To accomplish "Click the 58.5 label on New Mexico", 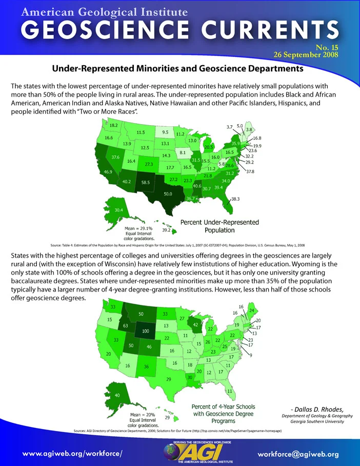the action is click(146, 183).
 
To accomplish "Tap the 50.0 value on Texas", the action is click(168, 194).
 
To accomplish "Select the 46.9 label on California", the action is click(108, 172).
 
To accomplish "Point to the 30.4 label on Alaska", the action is click(119, 210).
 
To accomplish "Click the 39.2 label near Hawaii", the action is click(166, 230).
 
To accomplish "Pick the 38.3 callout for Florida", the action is click(235, 199).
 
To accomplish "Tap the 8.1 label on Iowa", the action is click(183, 153).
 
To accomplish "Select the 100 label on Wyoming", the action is click(146, 331).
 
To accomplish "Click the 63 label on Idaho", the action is click(125, 326).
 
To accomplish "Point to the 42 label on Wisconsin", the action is click(195, 325).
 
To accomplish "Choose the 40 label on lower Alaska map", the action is click(117, 395).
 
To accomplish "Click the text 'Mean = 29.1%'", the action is click(138, 228).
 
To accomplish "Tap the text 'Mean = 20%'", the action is click(143, 415).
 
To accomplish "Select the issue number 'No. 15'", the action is click(327, 48).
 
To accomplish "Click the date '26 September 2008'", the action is click(306, 55).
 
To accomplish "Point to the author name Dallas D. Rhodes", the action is click(318, 409).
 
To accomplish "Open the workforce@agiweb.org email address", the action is click(298, 454).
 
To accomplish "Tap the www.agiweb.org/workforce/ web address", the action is click(72, 454).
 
